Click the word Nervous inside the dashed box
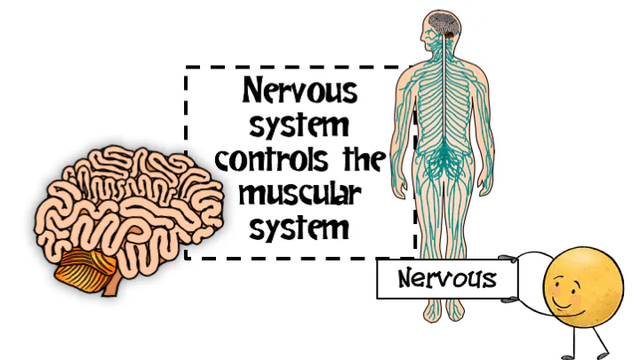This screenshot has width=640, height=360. tap(300, 90)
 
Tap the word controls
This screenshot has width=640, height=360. tap(272, 159)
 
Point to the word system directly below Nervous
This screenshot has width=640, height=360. tap(300, 126)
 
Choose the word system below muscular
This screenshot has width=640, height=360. tap(300, 228)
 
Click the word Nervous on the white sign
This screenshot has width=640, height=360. tap(447, 279)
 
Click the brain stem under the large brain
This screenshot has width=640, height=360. tap(111, 284)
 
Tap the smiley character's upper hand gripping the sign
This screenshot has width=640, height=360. tap(508, 259)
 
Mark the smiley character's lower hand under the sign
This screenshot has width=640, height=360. tap(510, 300)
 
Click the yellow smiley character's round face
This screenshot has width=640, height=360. tap(583, 286)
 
